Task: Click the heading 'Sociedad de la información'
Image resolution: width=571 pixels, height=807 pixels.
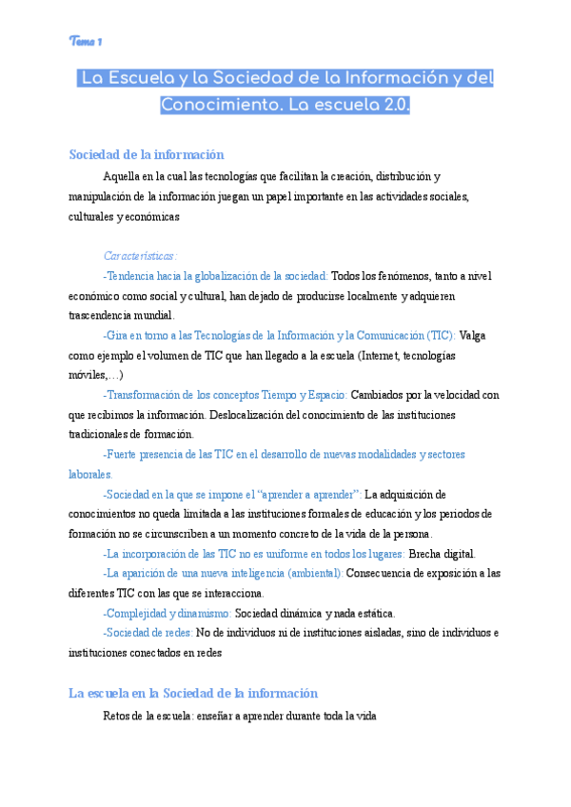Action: [146, 155]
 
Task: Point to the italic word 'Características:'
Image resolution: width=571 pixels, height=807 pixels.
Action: [140, 255]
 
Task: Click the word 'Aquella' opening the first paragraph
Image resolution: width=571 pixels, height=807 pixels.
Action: [121, 176]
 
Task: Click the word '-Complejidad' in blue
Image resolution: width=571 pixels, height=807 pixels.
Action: [137, 613]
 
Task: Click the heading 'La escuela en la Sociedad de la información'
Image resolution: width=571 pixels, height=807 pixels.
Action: [193, 694]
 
